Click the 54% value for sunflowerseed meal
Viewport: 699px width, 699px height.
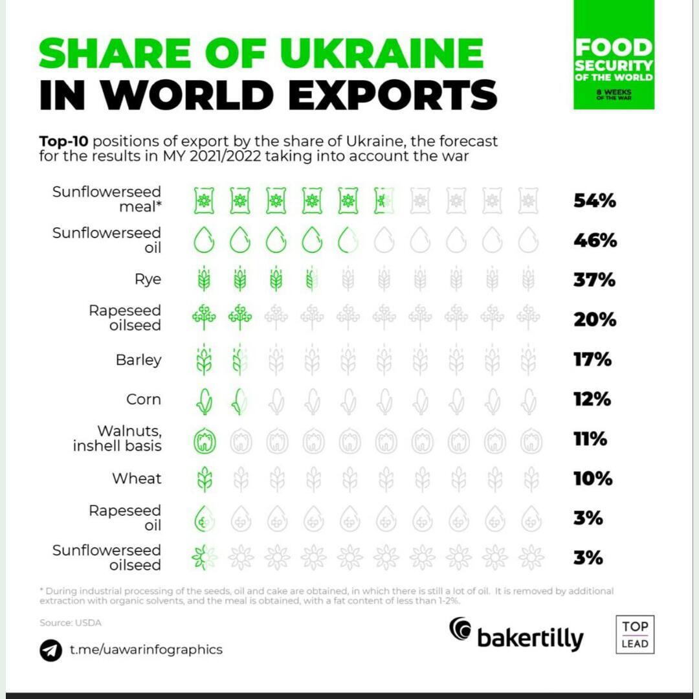[x=594, y=201]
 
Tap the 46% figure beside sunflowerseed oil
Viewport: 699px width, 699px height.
[x=595, y=241]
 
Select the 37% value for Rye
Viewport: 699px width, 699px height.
[x=594, y=280]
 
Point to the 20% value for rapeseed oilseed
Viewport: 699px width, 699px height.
[x=594, y=320]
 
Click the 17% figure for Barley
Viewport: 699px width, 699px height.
[x=592, y=359]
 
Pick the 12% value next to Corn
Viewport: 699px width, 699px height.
[x=592, y=399]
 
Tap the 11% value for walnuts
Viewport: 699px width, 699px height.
[x=590, y=439]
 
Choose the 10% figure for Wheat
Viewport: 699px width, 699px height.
[x=592, y=479]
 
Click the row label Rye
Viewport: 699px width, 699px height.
[x=148, y=280]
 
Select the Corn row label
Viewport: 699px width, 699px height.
[x=144, y=399]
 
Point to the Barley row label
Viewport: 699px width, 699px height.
[x=139, y=359]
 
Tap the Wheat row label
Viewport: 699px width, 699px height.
[x=137, y=479]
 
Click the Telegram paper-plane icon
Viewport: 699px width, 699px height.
[x=50, y=650]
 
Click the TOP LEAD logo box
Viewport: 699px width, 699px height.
[x=634, y=634]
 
